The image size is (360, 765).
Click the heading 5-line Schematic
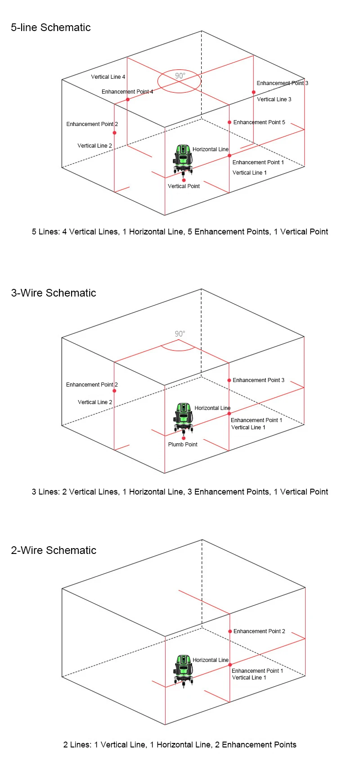[51, 27]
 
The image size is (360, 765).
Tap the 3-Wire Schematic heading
[54, 293]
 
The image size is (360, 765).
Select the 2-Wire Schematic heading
[54, 550]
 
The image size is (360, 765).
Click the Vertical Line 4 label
[108, 77]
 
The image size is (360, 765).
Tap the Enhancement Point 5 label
[259, 122]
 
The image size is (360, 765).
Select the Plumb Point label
[183, 445]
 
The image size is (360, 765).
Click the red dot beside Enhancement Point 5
[229, 122]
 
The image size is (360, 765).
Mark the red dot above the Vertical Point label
[184, 180]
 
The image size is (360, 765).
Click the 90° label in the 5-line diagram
[180, 76]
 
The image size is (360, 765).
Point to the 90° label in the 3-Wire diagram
[180, 334]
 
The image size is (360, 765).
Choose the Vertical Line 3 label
[274, 99]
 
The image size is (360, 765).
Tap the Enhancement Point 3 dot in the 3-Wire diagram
[229, 380]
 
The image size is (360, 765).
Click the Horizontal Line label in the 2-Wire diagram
[211, 660]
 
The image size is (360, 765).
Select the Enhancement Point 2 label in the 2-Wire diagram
[259, 631]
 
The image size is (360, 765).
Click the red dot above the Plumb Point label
[184, 438]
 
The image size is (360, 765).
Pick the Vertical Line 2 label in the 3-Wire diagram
[95, 402]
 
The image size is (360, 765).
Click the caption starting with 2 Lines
[180, 745]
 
